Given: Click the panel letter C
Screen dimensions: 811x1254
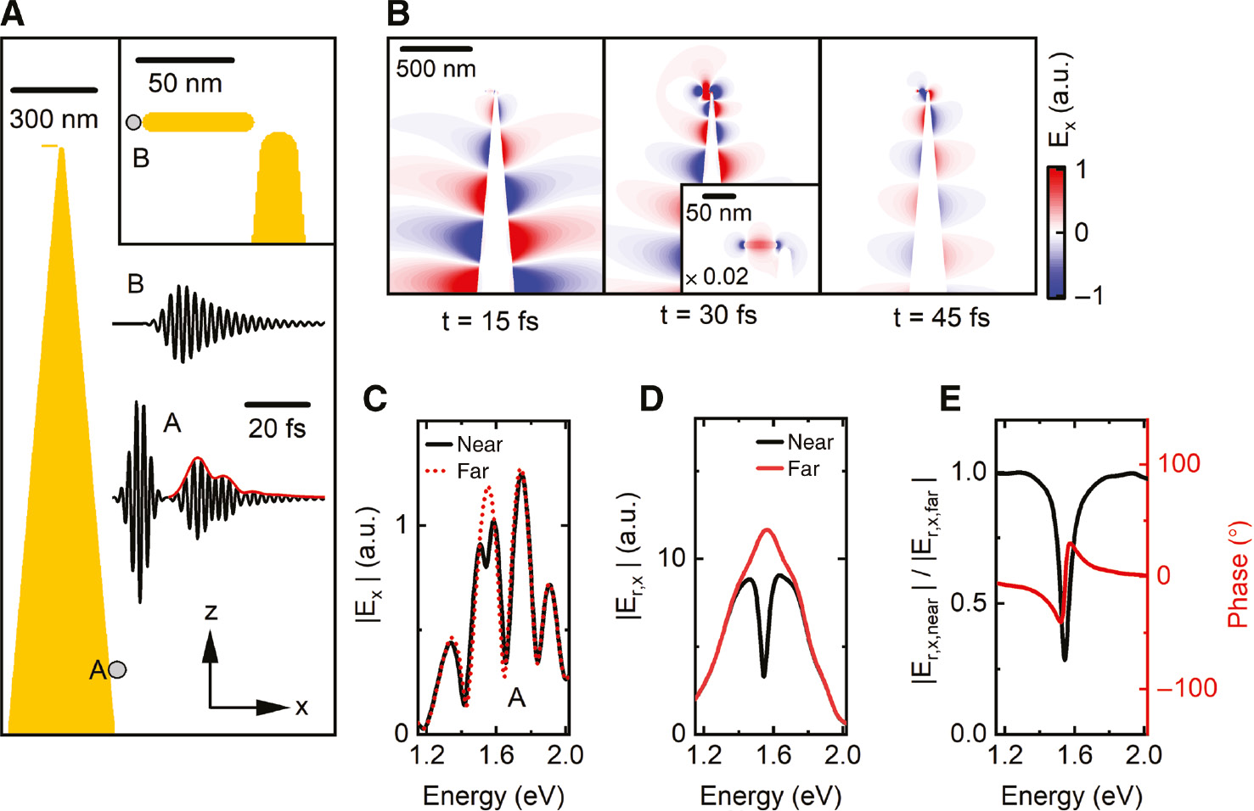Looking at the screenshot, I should (375, 399).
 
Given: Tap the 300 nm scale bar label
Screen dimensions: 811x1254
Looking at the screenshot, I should (54, 120).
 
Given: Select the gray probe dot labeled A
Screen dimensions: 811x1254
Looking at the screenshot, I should (118, 670).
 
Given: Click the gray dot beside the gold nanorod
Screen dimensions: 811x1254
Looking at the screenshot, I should (133, 122).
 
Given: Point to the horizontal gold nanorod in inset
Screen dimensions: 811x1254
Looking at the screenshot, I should (198, 122).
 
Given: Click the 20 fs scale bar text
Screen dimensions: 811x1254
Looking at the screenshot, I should (277, 428).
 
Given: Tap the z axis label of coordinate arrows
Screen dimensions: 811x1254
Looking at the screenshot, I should (211, 612).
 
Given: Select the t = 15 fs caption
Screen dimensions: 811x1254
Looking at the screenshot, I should (490, 322).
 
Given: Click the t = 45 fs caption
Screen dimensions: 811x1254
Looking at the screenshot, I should (941, 318).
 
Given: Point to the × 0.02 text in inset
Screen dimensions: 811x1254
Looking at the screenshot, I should (717, 277).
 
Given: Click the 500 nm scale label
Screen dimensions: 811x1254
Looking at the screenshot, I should (436, 69).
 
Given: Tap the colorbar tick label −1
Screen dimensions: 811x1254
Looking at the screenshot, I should (1087, 295).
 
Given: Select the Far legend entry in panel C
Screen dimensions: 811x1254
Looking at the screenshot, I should (473, 471).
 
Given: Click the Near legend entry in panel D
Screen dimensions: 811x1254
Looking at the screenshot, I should (810, 442).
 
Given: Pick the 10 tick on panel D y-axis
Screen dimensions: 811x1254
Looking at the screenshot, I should (672, 558).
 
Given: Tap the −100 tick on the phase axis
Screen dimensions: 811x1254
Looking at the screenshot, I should (1187, 688).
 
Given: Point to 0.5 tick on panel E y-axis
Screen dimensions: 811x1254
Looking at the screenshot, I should (969, 602).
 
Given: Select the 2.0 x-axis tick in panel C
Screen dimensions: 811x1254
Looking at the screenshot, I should (565, 755).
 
